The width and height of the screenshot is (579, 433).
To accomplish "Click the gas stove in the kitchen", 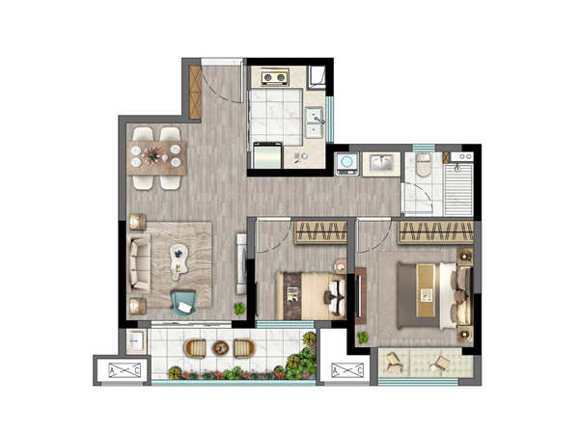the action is [x=275, y=77].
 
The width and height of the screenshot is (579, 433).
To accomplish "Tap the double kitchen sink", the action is [x=315, y=122].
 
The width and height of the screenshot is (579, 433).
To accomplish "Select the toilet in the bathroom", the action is [x=424, y=165].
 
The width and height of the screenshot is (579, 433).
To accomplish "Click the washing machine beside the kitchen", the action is [x=346, y=163].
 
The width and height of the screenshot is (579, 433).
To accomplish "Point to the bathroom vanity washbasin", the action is [x=381, y=163].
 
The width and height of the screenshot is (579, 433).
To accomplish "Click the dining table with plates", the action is [x=156, y=158].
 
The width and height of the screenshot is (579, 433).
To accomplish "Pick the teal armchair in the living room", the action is [x=183, y=302].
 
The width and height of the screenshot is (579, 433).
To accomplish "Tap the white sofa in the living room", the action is [x=139, y=263].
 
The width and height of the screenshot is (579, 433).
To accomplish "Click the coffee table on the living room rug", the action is [x=179, y=261].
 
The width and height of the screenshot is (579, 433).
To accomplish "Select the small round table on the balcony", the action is [x=220, y=348].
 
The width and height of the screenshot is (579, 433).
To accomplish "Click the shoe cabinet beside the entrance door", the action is [x=195, y=93].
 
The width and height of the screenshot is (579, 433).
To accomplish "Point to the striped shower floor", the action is [x=458, y=190].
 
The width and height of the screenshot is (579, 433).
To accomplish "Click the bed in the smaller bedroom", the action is [x=311, y=295].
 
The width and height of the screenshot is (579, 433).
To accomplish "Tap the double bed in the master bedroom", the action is [x=434, y=295].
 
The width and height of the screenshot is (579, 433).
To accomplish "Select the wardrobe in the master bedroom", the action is [x=436, y=232].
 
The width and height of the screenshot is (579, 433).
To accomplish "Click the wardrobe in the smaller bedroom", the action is [x=320, y=232].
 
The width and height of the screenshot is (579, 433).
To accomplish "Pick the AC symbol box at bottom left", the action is [x=124, y=370].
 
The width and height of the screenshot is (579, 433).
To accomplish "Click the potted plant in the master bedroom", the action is [x=363, y=338].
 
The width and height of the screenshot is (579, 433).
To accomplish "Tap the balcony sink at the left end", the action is [x=137, y=340].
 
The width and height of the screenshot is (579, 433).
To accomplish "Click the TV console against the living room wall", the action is [x=241, y=263].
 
